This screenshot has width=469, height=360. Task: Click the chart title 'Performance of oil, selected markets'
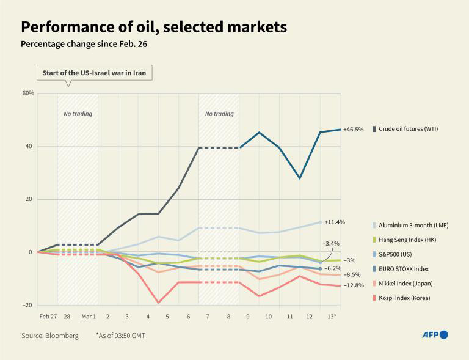(154, 27)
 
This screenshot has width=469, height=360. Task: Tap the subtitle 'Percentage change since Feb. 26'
(84, 45)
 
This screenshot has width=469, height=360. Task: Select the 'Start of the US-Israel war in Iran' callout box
(94, 73)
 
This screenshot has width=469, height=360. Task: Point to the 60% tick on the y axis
(28, 94)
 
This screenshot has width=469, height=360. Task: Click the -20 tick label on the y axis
(27, 305)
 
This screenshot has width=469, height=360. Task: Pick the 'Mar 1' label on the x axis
(89, 316)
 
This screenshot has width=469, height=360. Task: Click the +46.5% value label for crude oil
(354, 130)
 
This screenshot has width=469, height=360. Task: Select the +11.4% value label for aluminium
(335, 222)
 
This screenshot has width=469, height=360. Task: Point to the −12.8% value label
(354, 285)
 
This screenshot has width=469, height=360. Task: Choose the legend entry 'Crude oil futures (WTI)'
(407, 129)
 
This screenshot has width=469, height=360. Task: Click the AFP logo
(435, 335)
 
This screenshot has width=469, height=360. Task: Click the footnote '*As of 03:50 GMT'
(120, 336)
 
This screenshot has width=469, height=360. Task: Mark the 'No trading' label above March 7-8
(219, 114)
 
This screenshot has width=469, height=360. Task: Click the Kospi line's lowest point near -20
(159, 303)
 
